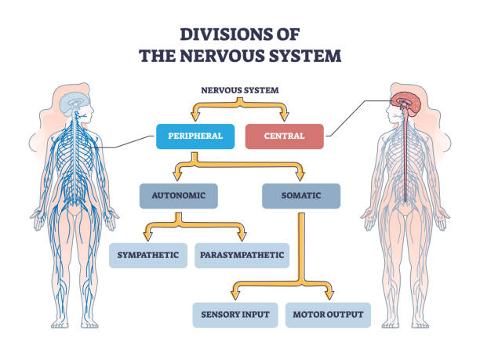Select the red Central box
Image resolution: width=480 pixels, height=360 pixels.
pyautogui.click(x=285, y=136)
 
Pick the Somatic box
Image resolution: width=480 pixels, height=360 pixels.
pyautogui.click(x=301, y=195)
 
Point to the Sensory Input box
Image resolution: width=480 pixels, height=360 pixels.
pyautogui.click(x=235, y=315)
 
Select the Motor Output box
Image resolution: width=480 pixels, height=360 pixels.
pyautogui.click(x=329, y=315)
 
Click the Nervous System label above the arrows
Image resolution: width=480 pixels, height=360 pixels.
pyautogui.click(x=239, y=89)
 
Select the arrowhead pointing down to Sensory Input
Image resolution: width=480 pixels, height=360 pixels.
pyautogui.click(x=235, y=296)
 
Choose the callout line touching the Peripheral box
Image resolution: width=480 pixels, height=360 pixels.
pyautogui.click(x=129, y=141)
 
